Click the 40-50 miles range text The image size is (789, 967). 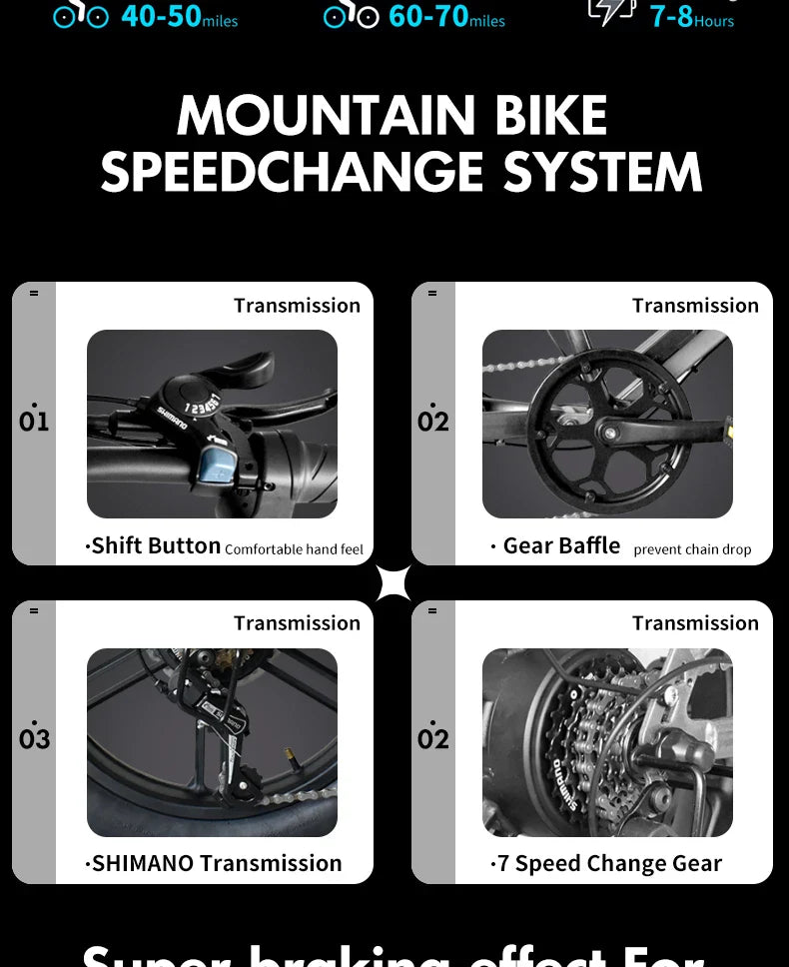click(179, 17)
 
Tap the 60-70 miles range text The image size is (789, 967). click(446, 17)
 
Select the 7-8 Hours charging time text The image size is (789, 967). click(691, 17)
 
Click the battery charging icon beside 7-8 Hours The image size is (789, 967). click(611, 10)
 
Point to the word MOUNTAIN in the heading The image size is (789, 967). click(326, 116)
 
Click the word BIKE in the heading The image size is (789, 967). click(550, 116)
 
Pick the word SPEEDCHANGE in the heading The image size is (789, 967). click(292, 172)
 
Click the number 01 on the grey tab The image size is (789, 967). click(34, 421)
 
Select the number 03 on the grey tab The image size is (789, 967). click(34, 738)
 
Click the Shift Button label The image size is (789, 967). click(154, 545)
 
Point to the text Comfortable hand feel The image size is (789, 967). click(294, 549)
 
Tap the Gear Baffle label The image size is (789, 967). click(560, 545)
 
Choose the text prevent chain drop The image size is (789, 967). click(692, 549)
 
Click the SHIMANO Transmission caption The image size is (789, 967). click(215, 863)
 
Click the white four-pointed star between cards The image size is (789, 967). click(393, 582)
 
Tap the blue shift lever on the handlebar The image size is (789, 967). click(215, 466)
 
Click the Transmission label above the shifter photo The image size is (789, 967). click(297, 306)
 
